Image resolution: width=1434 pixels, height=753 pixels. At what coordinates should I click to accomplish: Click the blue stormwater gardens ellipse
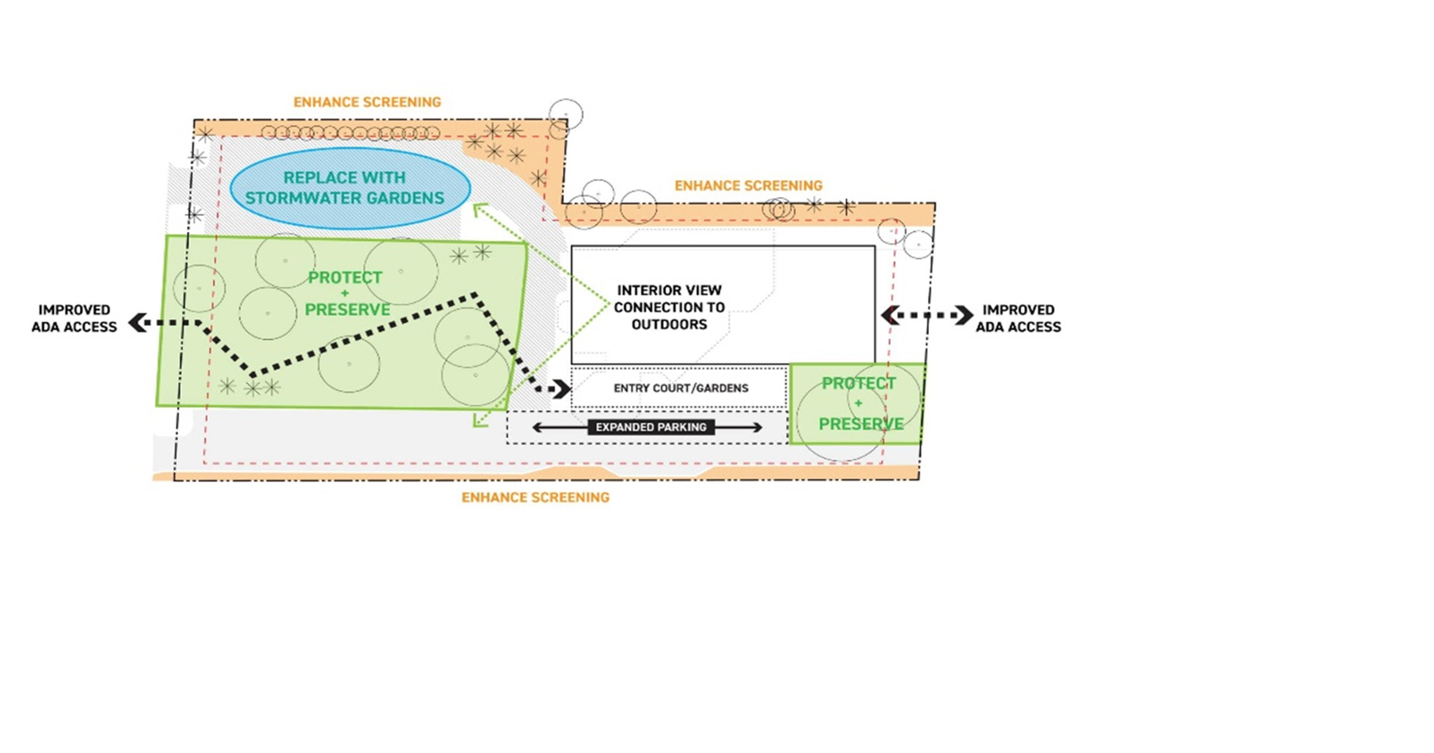(x=351, y=188)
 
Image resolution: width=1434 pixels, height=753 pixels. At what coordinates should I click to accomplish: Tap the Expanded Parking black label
(x=651, y=427)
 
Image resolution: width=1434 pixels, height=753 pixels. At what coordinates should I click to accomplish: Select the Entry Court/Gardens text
(x=681, y=389)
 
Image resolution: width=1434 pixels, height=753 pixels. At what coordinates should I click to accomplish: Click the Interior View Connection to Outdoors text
(x=669, y=308)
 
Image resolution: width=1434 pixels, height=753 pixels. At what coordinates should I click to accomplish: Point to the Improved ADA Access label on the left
(x=74, y=318)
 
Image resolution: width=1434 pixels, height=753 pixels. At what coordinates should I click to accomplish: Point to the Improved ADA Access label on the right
(x=1018, y=318)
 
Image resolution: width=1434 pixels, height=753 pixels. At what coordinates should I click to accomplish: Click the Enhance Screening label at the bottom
(x=535, y=498)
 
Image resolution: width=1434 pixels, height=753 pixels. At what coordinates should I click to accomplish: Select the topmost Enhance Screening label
(x=367, y=103)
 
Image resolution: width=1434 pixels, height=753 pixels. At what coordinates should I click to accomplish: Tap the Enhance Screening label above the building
(x=748, y=185)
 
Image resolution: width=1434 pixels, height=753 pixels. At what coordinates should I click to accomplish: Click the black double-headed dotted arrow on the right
(x=927, y=315)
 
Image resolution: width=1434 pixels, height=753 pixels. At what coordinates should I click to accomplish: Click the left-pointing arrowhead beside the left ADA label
(x=138, y=322)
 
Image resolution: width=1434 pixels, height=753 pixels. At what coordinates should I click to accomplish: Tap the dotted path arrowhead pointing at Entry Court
(x=563, y=389)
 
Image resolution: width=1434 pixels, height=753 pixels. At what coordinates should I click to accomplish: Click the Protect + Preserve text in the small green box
(x=860, y=403)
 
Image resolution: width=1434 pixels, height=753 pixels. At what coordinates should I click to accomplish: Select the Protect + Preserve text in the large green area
(x=347, y=293)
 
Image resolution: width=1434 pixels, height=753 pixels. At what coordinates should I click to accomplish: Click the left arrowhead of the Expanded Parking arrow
(x=538, y=427)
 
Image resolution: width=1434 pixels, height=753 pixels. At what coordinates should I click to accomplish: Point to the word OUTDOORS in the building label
(x=669, y=324)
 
